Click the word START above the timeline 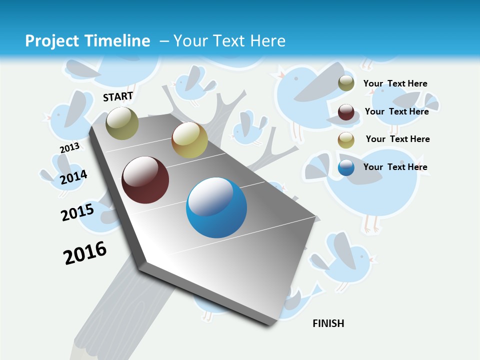tap(118, 96)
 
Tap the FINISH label tap(328, 323)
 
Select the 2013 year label tap(69, 148)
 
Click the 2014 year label tap(73, 177)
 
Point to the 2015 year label tap(77, 212)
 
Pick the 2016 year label tap(85, 253)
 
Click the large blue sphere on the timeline tap(216, 207)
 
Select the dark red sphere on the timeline tap(145, 180)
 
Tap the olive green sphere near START tap(122, 123)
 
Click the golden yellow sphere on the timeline tap(189, 140)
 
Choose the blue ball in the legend tap(346, 167)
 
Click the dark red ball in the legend tap(346, 112)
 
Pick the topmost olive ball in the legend tap(346, 83)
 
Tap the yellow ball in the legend tap(346, 140)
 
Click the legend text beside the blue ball tap(395, 167)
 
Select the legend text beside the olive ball tap(395, 83)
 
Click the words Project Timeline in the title tap(87, 41)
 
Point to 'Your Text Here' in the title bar tap(229, 41)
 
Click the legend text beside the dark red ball tap(396, 111)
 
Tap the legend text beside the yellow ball tap(397, 139)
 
